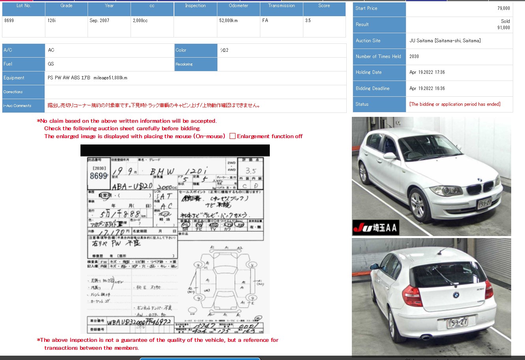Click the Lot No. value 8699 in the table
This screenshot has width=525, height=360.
[x=9, y=21]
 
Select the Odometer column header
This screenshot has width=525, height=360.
[x=238, y=6]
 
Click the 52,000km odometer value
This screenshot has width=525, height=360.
[x=228, y=21]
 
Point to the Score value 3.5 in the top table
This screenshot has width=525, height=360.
[x=308, y=21]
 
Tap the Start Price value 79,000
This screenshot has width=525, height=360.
[x=503, y=8]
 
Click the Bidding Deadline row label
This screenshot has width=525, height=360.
[x=372, y=88]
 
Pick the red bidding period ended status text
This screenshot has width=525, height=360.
[x=455, y=104]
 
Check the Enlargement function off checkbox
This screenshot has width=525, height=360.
[x=233, y=136]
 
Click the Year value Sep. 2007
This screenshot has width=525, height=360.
[x=99, y=21]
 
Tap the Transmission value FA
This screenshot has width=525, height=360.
[x=265, y=21]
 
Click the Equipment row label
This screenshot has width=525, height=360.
[x=14, y=78]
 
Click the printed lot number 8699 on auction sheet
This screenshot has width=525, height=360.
[x=98, y=176]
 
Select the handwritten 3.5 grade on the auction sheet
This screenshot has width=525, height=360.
[x=250, y=171]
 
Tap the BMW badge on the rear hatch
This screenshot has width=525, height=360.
[x=456, y=294]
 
